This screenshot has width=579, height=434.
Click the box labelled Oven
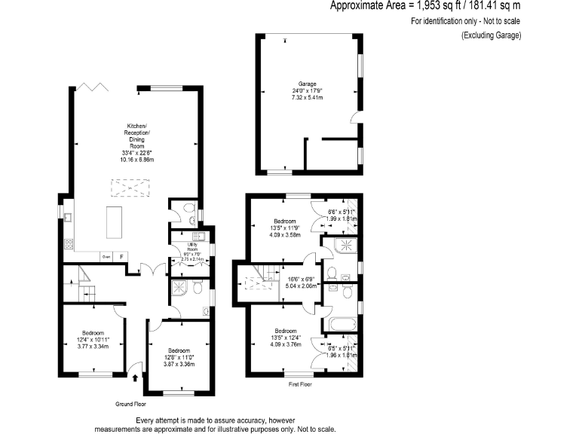(106, 256)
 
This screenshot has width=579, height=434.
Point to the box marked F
(121, 256)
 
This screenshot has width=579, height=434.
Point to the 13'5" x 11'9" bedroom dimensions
(286, 231)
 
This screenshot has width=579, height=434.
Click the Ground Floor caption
(130, 404)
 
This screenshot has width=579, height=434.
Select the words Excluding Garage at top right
(492, 35)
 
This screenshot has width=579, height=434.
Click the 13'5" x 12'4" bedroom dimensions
(286, 340)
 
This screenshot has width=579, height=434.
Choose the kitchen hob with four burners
(67, 243)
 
